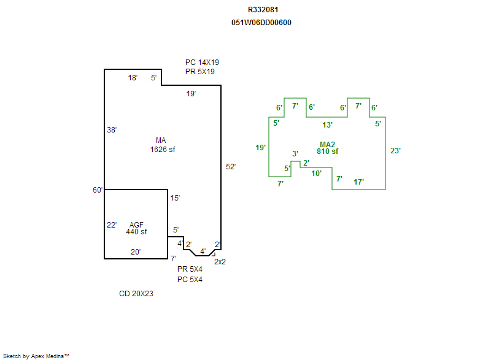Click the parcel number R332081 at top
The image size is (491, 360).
point(263,10)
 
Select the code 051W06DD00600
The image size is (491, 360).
point(261,23)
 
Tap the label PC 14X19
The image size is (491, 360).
point(202,63)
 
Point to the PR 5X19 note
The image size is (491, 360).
point(200,72)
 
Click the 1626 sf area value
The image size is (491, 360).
point(163,150)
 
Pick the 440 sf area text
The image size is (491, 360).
point(136,232)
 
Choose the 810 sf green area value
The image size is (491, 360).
point(327,151)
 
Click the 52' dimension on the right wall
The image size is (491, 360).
point(231,167)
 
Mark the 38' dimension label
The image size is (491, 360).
point(112,130)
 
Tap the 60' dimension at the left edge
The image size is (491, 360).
point(98,190)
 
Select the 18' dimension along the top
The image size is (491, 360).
point(133,77)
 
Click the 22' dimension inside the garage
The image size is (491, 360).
point(112,225)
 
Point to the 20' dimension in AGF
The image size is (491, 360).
point(136,252)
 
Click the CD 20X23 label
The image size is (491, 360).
point(136,294)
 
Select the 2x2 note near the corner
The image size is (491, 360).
point(220,262)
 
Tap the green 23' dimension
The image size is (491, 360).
point(395,151)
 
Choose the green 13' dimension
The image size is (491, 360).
point(327,124)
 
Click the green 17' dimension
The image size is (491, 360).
point(358,182)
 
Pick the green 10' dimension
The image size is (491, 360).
point(316,174)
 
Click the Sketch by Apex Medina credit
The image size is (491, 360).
point(36,356)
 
